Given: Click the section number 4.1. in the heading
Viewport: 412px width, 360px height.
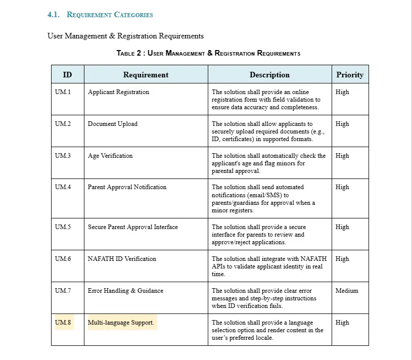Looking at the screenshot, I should click(54, 15).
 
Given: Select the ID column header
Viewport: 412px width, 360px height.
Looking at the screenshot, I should click(67, 75).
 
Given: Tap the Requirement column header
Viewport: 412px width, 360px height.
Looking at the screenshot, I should click(146, 75).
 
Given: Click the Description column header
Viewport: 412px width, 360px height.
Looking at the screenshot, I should click(269, 75).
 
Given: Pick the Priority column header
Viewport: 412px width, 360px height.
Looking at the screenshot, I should click(350, 75).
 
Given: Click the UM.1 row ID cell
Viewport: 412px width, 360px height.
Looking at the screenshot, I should click(63, 92).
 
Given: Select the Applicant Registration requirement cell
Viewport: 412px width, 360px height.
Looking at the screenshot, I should click(118, 92).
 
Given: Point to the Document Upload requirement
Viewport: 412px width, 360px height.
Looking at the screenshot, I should click(113, 124).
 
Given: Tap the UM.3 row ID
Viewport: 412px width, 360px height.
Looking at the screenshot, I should click(63, 156).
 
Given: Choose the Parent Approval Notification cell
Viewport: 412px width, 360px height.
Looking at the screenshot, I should click(127, 187).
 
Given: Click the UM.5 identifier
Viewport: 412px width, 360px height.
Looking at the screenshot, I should click(63, 227).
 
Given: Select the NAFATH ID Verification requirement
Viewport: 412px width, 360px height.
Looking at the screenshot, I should click(122, 259).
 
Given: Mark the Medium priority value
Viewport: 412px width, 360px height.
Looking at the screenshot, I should click(347, 291).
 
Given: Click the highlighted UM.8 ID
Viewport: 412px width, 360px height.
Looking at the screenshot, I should click(63, 323).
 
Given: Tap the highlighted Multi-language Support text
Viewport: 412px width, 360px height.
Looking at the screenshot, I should click(121, 323).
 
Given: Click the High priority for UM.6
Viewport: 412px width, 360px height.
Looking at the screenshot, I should click(342, 259).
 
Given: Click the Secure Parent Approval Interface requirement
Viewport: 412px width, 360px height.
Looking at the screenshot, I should click(132, 227).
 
